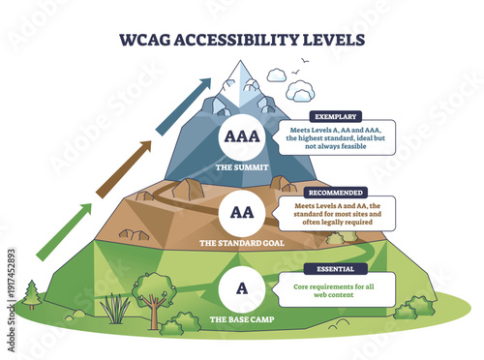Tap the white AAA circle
click(x=240, y=135)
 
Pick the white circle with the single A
click(x=240, y=286)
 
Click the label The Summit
click(x=240, y=165)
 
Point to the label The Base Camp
click(x=240, y=317)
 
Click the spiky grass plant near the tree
click(x=115, y=310)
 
